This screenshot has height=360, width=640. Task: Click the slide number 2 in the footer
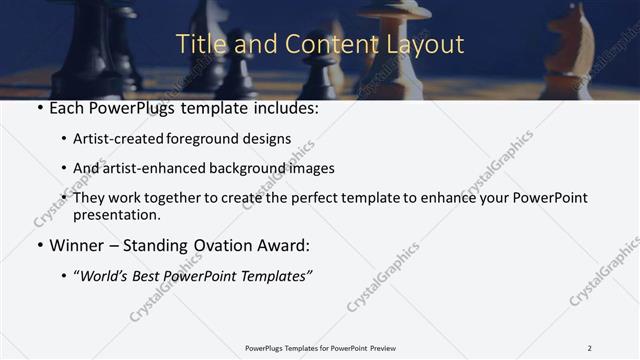[x=589, y=348]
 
